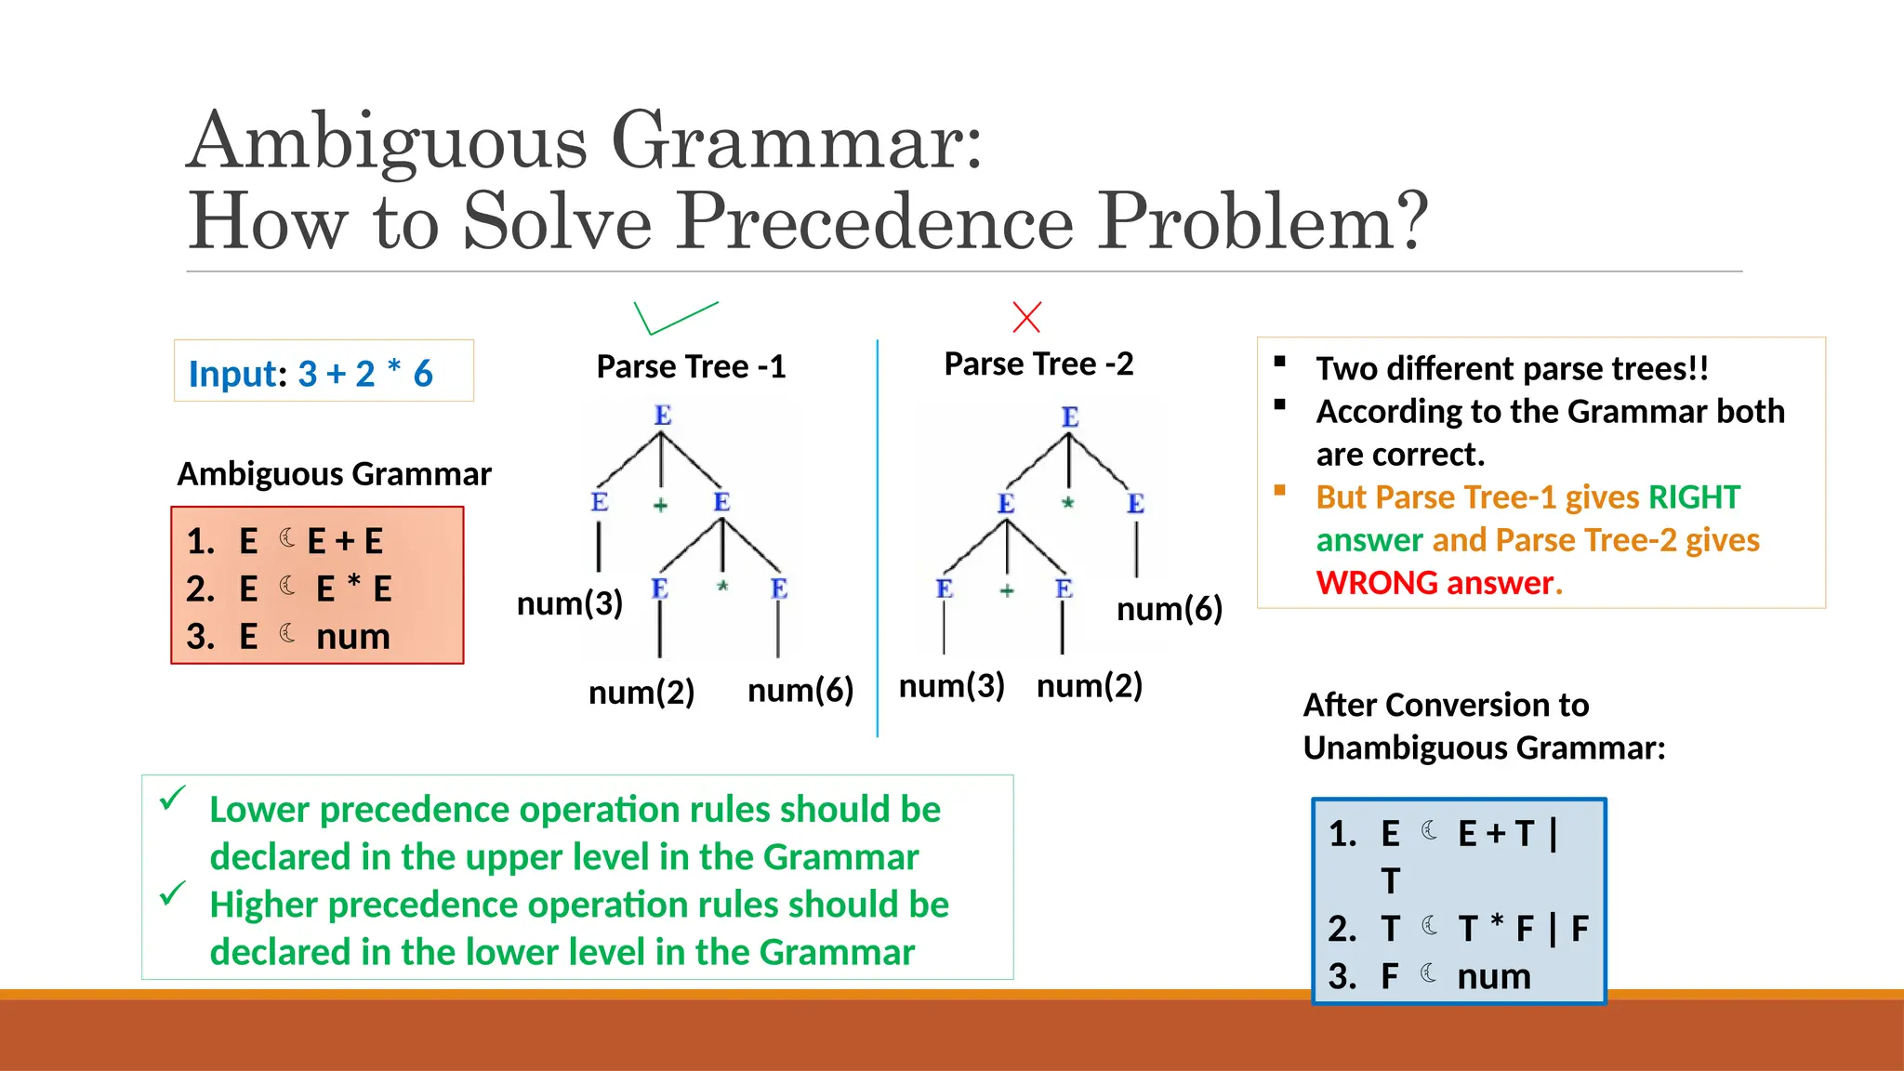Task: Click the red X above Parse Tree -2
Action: pos(1026,317)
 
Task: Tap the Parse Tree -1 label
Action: pos(691,366)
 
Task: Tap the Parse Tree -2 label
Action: pos(1038,364)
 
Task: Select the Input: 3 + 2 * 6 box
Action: pos(324,372)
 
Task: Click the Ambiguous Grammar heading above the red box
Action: pos(334,474)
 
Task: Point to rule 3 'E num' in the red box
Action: pos(288,636)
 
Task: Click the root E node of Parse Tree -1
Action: pos(662,415)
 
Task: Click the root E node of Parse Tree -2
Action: pos(1070,416)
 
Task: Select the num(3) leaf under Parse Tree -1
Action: pos(569,603)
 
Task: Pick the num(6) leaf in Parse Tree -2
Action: pos(1169,609)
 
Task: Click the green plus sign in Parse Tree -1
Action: pos(660,505)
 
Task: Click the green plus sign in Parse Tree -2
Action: pos(1007,590)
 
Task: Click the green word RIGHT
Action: pos(1694,497)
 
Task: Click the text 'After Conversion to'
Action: pos(1446,705)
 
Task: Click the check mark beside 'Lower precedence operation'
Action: pos(172,798)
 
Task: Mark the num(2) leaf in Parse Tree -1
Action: pos(641,693)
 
